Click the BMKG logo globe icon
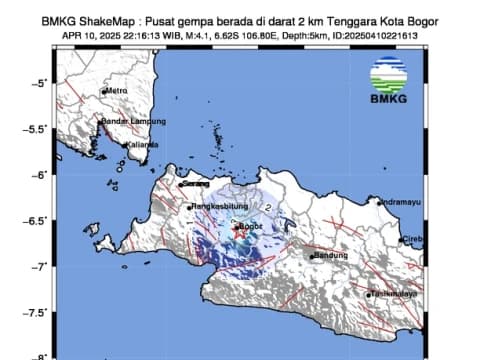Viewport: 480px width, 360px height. click(388, 76)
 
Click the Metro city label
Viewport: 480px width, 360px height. click(117, 92)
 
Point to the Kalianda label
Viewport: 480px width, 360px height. click(141, 144)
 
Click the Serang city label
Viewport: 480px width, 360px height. click(197, 183)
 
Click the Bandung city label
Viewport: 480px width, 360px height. click(329, 255)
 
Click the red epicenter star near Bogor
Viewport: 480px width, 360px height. click(237, 226)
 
